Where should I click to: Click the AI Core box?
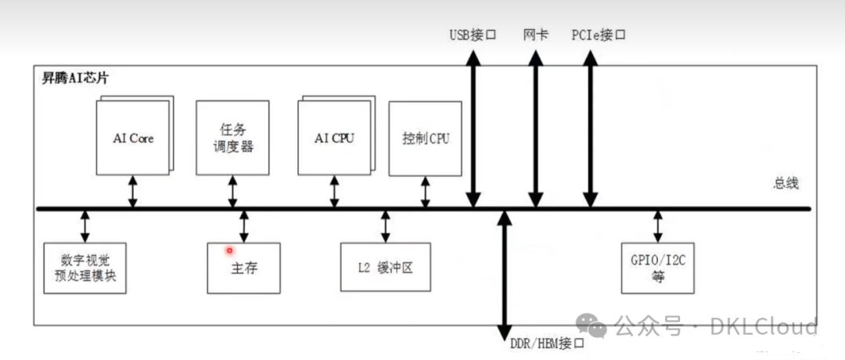(x=132, y=138)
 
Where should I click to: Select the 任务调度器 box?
(x=232, y=137)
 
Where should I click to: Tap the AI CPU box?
(x=334, y=138)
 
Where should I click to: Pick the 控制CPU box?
(x=426, y=138)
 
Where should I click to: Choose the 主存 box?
(x=244, y=268)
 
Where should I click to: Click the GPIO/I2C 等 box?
(x=657, y=268)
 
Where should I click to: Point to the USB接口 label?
(x=473, y=35)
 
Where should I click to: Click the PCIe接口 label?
(x=599, y=35)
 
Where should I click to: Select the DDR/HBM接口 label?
(x=548, y=344)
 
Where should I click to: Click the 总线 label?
(x=785, y=182)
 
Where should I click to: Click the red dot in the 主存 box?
(x=230, y=250)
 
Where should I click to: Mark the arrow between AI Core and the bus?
(x=133, y=192)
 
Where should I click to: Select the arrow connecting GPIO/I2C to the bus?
(x=657, y=225)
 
